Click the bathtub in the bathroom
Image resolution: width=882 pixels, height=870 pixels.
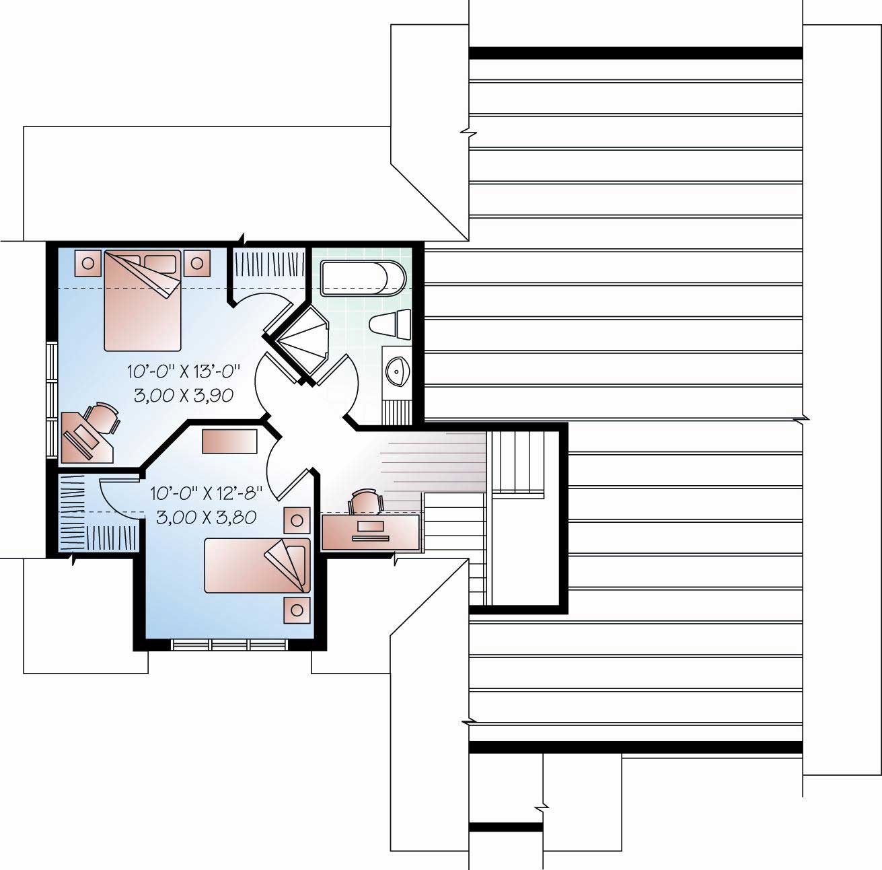point(364,279)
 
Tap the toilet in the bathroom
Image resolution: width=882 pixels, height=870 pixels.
point(391,324)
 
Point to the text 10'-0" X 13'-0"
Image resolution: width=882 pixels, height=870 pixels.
point(184,370)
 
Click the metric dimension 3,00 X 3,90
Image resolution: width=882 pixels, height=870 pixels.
point(184,396)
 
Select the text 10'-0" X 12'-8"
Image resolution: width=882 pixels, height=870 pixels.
point(205,493)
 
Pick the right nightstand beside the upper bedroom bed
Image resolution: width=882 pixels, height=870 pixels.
point(196,263)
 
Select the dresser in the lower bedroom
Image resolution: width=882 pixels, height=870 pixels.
point(230,442)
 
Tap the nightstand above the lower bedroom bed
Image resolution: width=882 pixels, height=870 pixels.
point(297,519)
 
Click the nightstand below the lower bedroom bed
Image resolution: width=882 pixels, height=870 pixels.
point(297,610)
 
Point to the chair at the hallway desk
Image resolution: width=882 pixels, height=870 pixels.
point(365,501)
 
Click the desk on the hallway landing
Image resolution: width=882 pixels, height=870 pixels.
point(371,531)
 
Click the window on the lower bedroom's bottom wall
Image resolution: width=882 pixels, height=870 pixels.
point(230,645)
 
